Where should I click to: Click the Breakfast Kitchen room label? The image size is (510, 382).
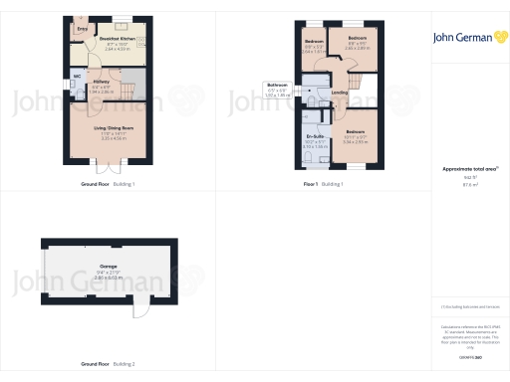[118, 41]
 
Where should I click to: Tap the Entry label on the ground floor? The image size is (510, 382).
[82, 30]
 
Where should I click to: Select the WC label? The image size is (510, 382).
[78, 76]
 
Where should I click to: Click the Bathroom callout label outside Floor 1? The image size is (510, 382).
[278, 85]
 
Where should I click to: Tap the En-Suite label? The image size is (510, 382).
[317, 136]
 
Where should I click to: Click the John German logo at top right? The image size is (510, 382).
[466, 37]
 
